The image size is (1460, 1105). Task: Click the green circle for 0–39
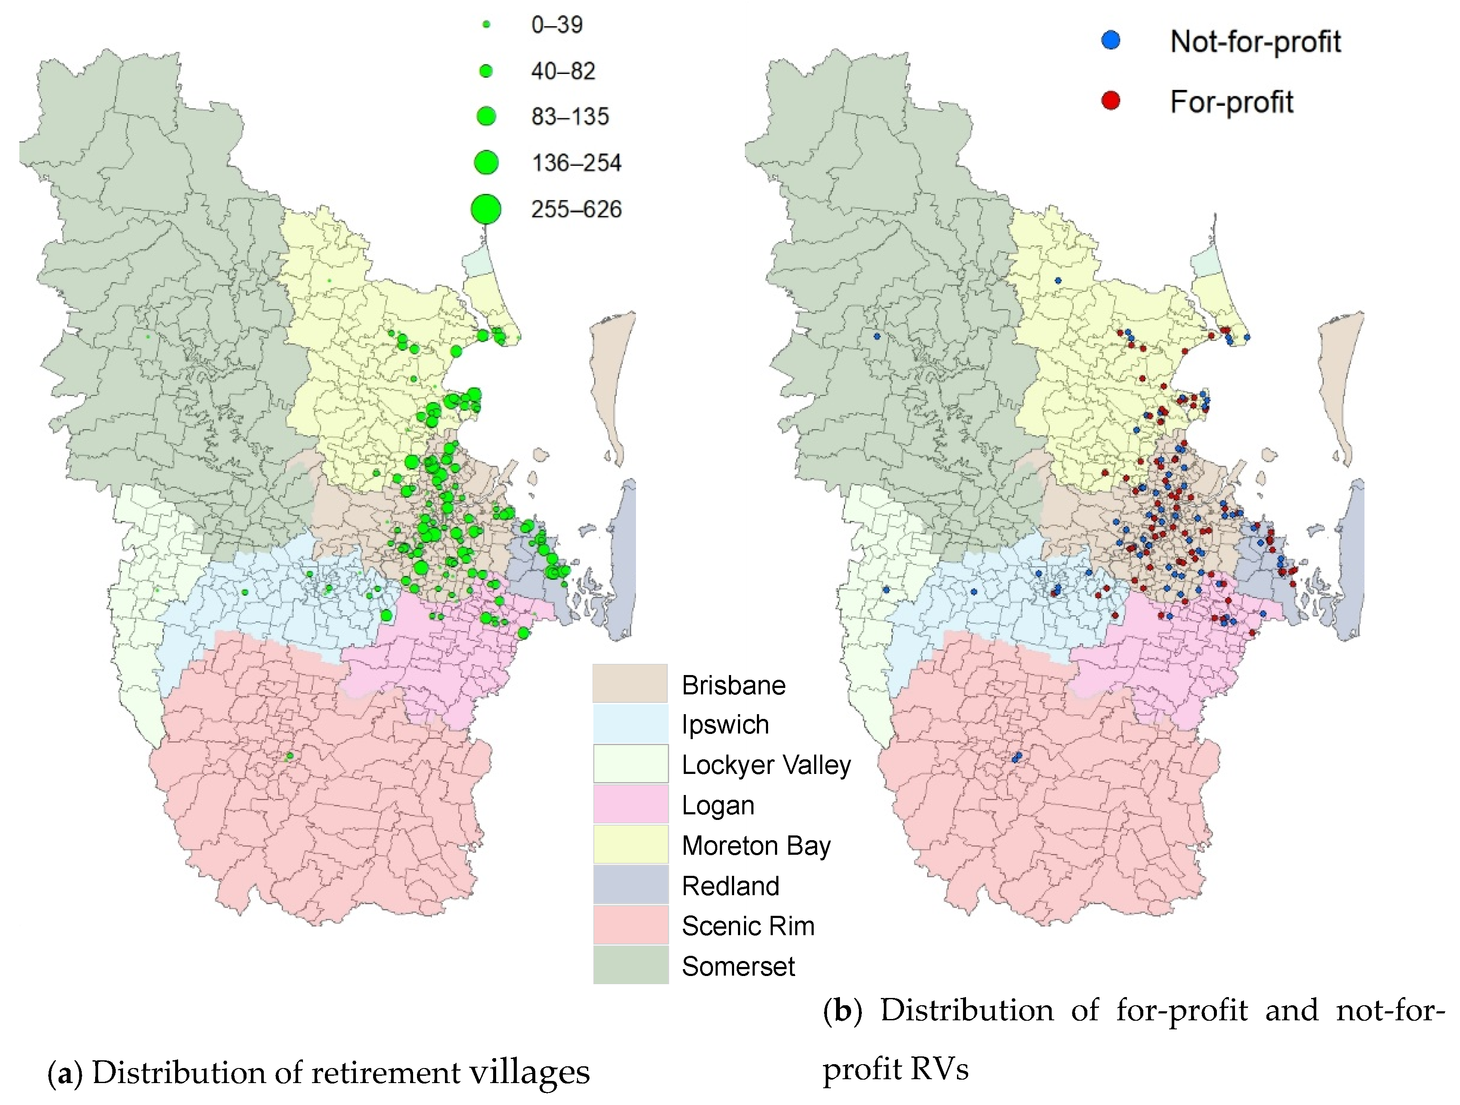pos(486,25)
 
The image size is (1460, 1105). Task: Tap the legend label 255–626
pos(576,209)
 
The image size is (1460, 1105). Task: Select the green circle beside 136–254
pos(486,162)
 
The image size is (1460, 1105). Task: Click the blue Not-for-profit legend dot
pos(1111,41)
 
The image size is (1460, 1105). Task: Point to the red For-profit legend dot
pos(1111,101)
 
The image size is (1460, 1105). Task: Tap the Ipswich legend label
pos(725,724)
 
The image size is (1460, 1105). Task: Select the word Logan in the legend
pos(717,805)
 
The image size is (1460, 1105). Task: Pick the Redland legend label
pos(730,885)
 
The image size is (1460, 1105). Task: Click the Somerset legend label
pos(738,966)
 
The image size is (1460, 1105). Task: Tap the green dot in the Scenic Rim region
pos(289,756)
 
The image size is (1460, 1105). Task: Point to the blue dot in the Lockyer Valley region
pos(886,589)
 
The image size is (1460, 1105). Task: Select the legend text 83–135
pos(570,117)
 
